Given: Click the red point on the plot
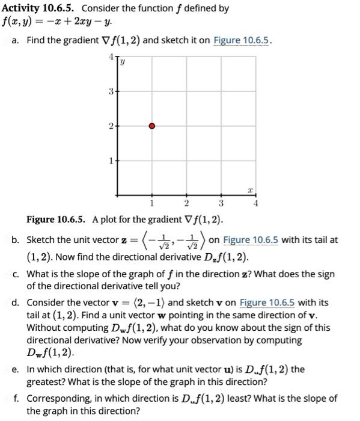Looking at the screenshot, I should (151, 126).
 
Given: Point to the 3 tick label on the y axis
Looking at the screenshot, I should (109, 91).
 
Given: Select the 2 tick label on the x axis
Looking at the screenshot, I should (186, 203).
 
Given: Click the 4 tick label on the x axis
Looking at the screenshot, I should (255, 203).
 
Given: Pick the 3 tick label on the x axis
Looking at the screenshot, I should (221, 203).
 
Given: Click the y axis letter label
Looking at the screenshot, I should (123, 61).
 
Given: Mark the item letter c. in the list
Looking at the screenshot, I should (16, 274).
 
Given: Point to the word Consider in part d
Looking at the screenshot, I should (46, 302).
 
